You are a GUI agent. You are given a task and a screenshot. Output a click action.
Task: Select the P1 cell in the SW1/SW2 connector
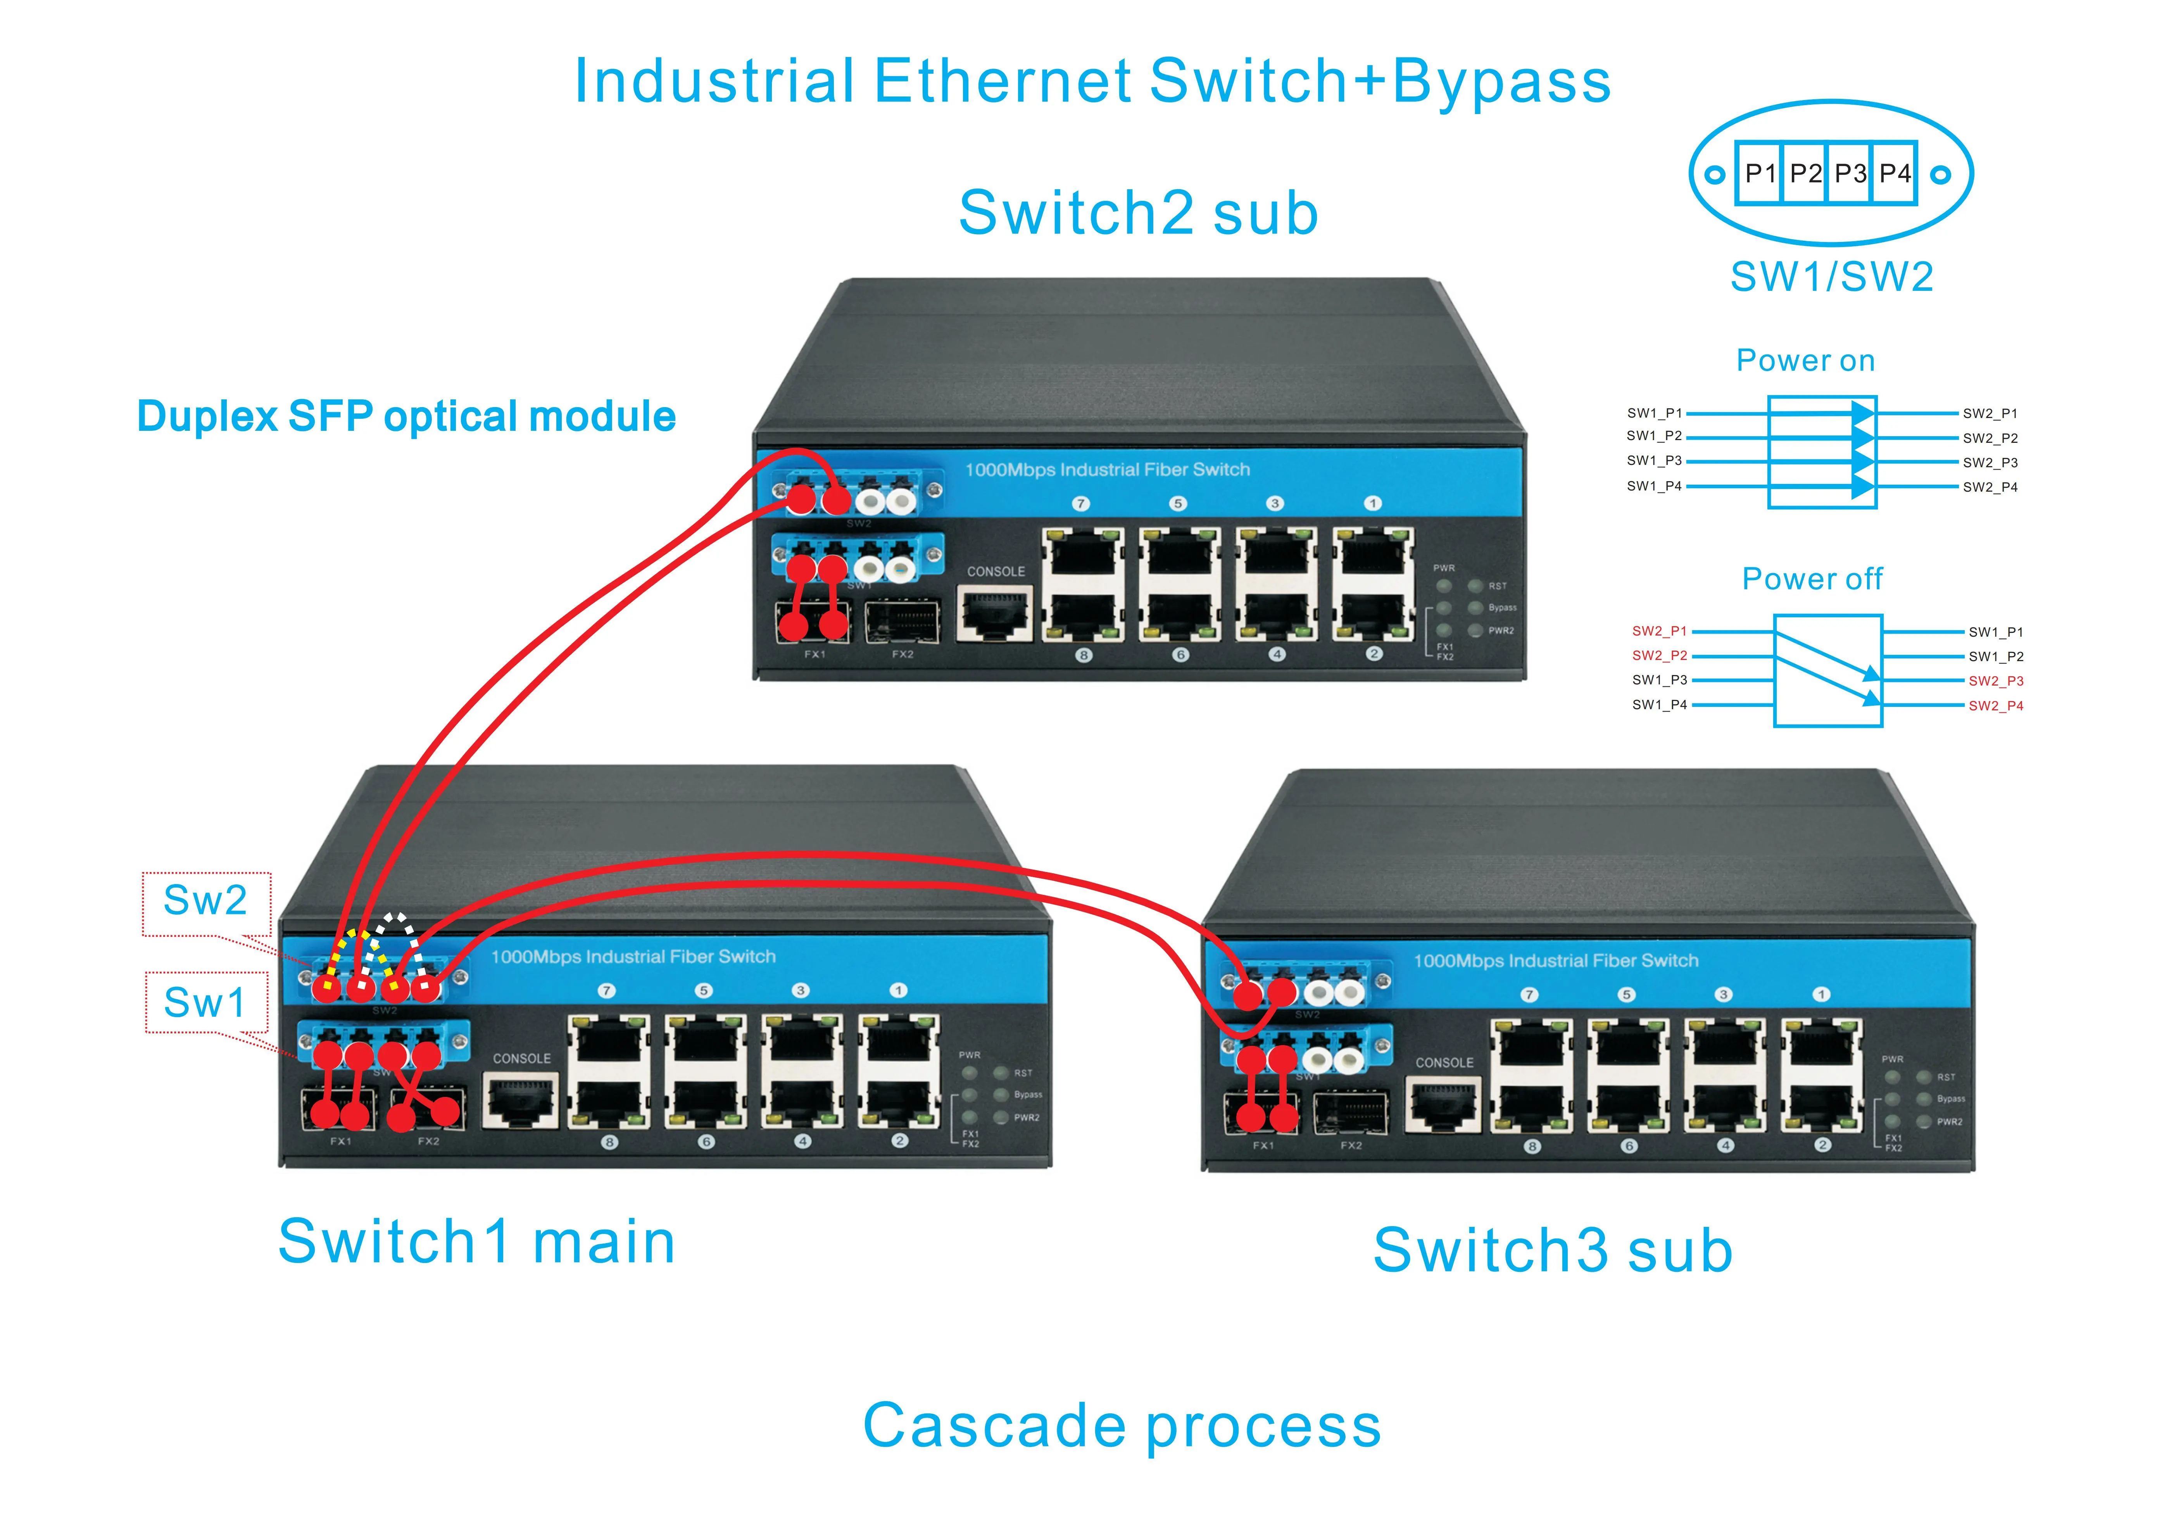click(1760, 173)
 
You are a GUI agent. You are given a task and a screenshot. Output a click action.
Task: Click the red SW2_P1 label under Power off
click(1658, 631)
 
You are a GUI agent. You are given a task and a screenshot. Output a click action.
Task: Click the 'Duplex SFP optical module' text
click(406, 417)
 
